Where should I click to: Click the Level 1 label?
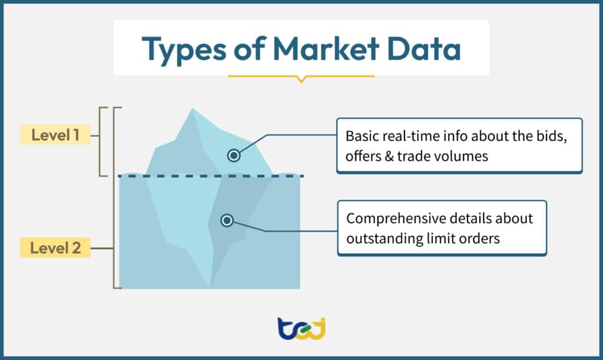point(56,135)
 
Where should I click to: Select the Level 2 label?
point(56,248)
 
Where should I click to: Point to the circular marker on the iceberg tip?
point(234,156)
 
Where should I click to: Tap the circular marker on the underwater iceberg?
point(227,220)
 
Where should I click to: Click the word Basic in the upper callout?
point(361,136)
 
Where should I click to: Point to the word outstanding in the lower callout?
point(379,239)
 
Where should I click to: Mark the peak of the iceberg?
point(191,109)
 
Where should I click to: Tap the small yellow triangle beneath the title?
point(301,79)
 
